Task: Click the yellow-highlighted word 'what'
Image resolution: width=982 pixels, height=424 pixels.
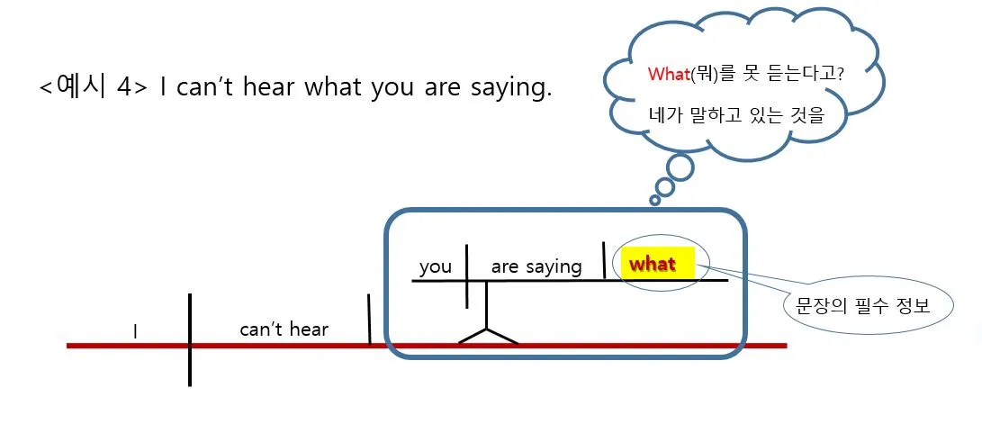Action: [653, 265]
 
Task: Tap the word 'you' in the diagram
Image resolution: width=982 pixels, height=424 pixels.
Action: [436, 267]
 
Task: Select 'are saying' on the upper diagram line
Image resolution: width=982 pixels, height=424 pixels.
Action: [536, 267]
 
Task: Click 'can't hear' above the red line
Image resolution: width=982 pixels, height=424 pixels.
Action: [284, 329]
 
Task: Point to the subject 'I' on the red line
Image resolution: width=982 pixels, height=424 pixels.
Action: [135, 332]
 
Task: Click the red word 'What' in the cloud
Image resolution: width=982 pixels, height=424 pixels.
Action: [668, 75]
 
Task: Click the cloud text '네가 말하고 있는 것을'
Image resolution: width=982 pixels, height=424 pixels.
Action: [735, 115]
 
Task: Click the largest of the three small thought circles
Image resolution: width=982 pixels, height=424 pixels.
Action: [679, 167]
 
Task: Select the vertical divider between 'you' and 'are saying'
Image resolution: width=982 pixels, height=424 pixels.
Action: [467, 275]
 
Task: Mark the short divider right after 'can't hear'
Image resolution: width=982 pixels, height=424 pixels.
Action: [369, 319]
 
